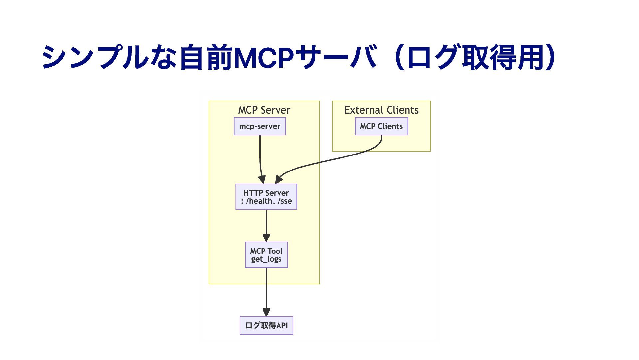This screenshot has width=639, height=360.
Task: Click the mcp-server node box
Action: click(260, 126)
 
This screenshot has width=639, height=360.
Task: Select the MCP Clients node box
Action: click(381, 126)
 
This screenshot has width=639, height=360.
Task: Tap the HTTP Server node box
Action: click(266, 197)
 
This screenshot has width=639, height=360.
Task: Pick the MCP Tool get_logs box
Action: click(266, 255)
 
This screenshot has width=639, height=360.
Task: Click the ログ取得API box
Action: click(266, 325)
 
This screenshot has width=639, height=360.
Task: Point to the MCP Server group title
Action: click(264, 110)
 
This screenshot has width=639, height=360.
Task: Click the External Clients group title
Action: click(381, 110)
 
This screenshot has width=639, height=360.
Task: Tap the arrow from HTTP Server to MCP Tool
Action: click(266, 226)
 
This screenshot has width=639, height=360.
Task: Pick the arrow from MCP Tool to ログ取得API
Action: click(266, 292)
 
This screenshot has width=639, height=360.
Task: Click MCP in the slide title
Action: click(264, 57)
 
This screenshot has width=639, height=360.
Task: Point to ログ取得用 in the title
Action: click(478, 57)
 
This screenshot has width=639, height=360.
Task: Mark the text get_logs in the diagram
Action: click(266, 259)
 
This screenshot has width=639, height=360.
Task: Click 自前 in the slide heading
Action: click(206, 57)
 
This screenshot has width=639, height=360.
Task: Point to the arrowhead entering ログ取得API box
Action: click(266, 312)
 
